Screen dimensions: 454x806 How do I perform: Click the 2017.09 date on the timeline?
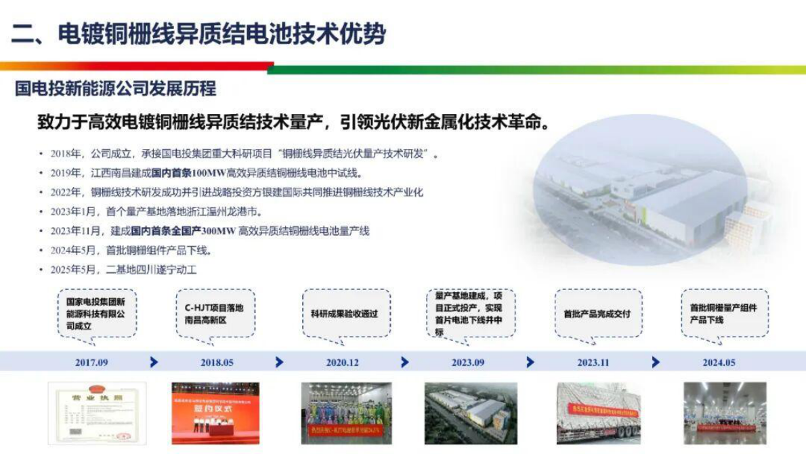[91, 363]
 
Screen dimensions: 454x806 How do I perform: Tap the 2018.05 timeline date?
[217, 363]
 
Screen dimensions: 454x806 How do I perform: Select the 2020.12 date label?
[343, 363]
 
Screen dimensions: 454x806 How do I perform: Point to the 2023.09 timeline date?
[468, 363]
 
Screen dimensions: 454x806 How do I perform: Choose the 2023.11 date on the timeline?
[593, 363]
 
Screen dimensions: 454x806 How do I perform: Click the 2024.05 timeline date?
[719, 363]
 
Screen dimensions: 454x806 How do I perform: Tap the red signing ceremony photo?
[216, 413]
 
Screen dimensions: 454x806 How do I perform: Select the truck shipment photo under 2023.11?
[596, 413]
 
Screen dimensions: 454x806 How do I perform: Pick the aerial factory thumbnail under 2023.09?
[471, 413]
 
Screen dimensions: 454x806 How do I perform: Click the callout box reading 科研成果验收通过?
[346, 314]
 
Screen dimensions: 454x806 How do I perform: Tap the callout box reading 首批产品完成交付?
[597, 314]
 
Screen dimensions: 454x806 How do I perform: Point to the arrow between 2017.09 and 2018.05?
[154, 363]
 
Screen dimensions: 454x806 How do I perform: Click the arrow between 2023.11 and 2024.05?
[656, 363]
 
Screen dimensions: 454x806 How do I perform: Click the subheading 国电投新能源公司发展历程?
[116, 88]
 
